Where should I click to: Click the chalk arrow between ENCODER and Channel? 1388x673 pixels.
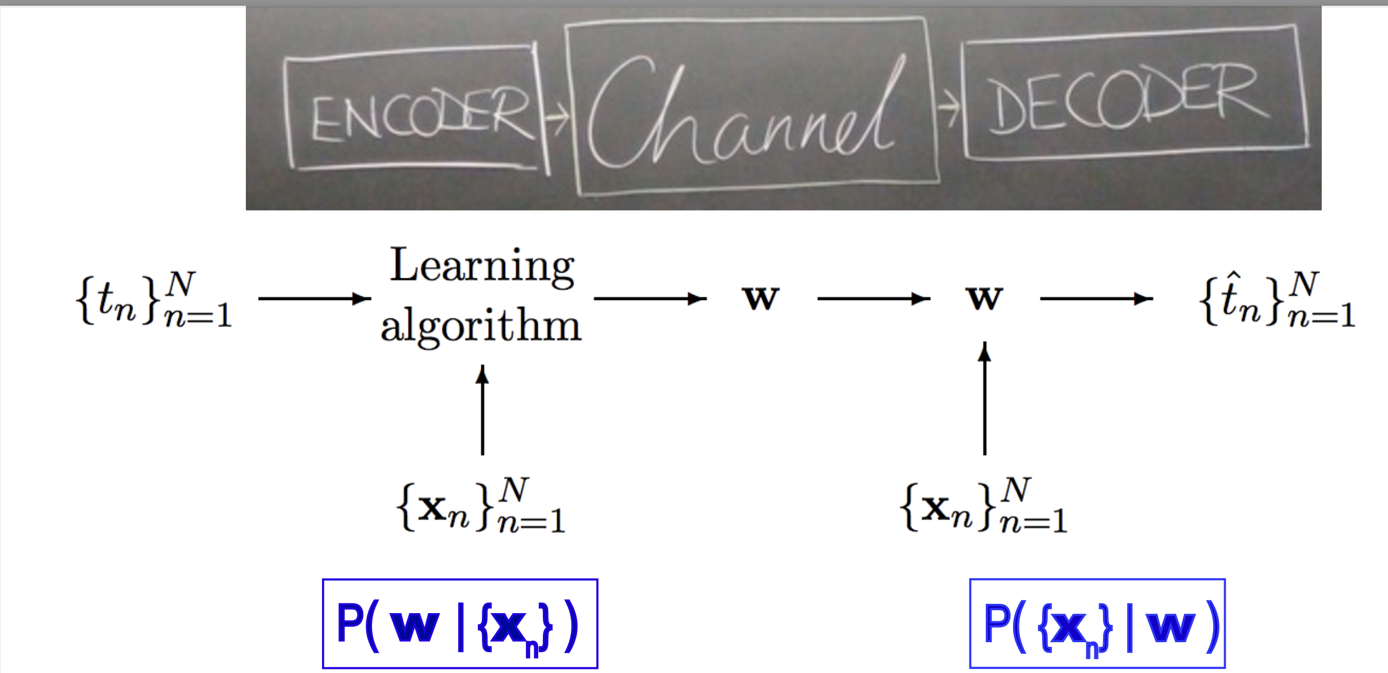coord(557,117)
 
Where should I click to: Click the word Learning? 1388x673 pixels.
coord(482,266)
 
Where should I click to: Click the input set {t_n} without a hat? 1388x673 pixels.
coord(154,299)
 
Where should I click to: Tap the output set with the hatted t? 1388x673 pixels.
coord(1278,299)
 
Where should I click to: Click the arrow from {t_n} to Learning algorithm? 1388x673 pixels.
coord(314,299)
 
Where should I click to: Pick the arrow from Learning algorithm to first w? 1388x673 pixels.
coord(650,299)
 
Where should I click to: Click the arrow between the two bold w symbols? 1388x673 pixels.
coord(874,299)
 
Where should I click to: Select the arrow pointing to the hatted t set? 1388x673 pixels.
coord(1097,299)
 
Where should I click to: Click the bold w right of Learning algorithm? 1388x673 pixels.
coord(761,298)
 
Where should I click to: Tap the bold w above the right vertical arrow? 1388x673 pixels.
coord(984,298)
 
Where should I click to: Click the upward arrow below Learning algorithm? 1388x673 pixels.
coord(482,410)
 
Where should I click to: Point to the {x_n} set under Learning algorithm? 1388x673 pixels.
coord(481,505)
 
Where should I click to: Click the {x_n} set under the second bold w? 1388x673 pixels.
coord(983,505)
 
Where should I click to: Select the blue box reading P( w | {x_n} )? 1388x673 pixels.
coord(460,624)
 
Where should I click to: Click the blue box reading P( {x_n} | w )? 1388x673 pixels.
coord(1097,624)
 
